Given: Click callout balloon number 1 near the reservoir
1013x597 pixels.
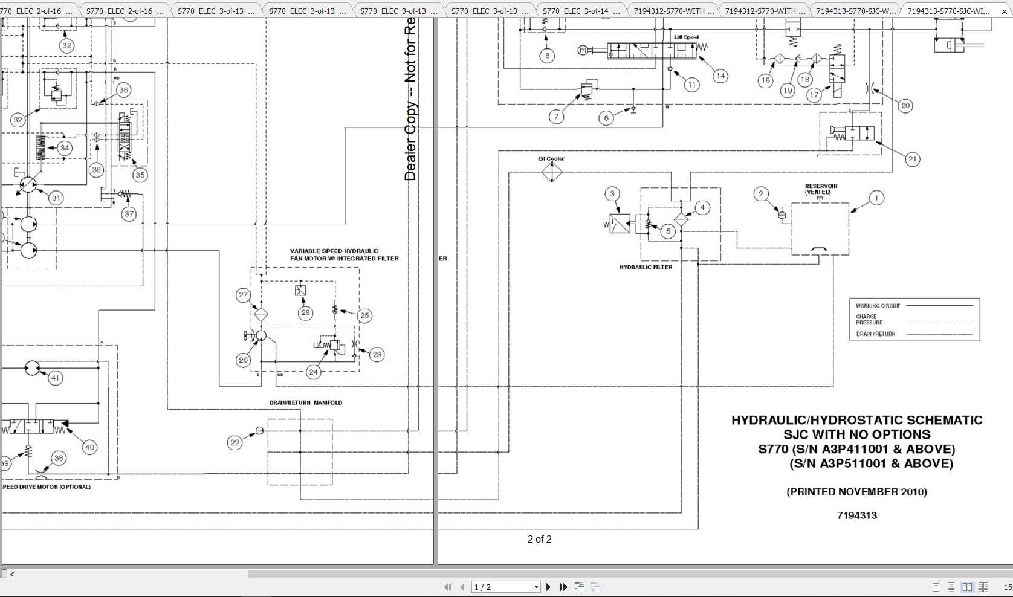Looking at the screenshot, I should click(x=876, y=198).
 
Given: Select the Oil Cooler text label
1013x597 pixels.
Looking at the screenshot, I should click(x=551, y=159).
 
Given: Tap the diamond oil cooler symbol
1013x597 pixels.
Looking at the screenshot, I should click(x=552, y=172).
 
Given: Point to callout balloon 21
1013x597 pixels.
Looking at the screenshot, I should click(x=912, y=159).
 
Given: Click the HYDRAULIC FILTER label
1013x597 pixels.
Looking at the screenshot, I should click(x=646, y=267).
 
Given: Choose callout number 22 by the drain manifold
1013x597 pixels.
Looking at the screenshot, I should click(x=235, y=443).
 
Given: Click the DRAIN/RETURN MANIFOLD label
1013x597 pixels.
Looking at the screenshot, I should click(x=305, y=402).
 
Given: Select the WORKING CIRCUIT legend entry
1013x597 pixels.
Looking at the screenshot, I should click(x=878, y=306).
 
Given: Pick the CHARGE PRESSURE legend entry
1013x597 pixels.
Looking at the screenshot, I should click(x=869, y=320).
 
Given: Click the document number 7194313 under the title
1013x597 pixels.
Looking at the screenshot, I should click(x=857, y=515).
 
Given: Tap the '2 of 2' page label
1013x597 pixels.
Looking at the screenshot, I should click(x=539, y=539).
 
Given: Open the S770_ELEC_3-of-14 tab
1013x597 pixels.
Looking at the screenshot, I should click(x=580, y=11).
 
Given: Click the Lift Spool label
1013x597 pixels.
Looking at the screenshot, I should click(x=686, y=37).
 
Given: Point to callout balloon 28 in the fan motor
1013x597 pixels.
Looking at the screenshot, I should click(x=305, y=312).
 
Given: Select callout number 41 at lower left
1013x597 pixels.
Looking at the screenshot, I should click(x=55, y=378).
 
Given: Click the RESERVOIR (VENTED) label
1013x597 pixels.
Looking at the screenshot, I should click(x=821, y=189).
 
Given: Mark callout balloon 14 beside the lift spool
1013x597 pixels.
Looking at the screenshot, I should click(x=720, y=76).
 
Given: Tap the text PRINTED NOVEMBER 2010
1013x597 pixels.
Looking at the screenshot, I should click(x=856, y=492).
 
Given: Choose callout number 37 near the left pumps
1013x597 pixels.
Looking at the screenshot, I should click(x=129, y=214).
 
